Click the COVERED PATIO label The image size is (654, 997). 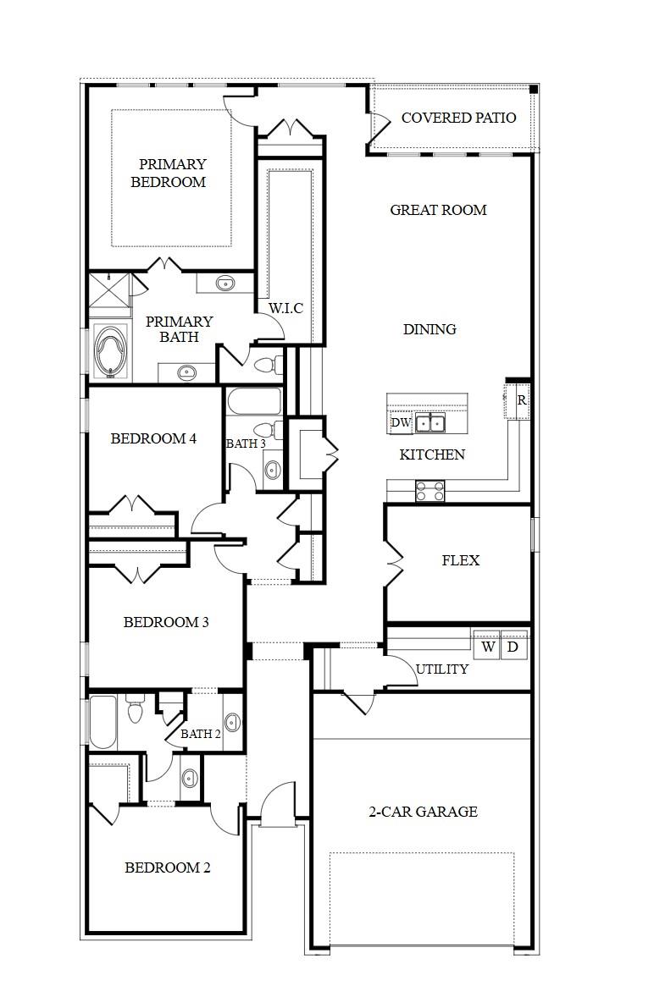(458, 118)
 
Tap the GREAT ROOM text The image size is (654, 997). (438, 210)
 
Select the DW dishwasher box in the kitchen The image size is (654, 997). (401, 422)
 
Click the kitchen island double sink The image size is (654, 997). (430, 422)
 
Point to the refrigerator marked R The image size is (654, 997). (521, 401)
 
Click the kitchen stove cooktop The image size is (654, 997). (430, 490)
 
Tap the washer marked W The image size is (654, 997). (488, 647)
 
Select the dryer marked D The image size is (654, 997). (513, 647)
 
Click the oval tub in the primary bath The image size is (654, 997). (110, 351)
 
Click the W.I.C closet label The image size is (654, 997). (285, 308)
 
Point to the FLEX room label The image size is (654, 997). (460, 560)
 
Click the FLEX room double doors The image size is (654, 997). (391, 560)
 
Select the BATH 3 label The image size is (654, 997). (246, 443)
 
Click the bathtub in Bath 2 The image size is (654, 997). (103, 722)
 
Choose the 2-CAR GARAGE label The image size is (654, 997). (423, 812)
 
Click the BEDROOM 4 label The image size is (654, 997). (153, 438)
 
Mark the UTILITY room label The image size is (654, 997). (441, 669)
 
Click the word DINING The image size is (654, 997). (430, 329)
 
